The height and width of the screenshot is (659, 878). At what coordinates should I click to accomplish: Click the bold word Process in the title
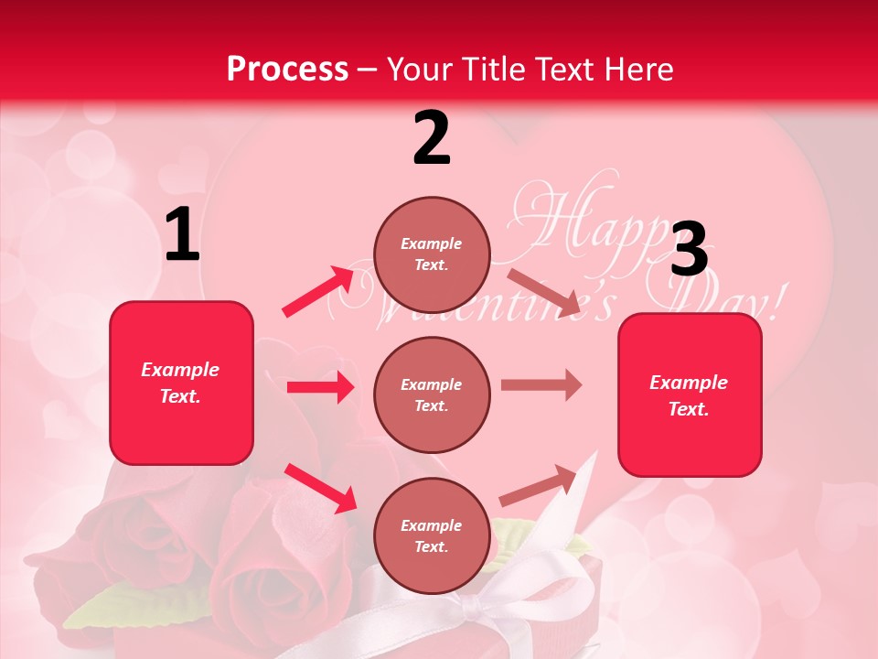[x=287, y=69]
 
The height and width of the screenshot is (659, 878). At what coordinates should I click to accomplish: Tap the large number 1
[x=182, y=235]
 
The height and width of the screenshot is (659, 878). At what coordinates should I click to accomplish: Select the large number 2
[x=432, y=138]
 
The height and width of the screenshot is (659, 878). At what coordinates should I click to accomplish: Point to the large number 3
[x=689, y=250]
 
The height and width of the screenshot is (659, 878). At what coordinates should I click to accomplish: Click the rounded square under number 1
[x=181, y=383]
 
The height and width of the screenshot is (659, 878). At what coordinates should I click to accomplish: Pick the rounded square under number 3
[x=690, y=395]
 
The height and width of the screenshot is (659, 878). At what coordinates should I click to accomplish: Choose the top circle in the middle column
[x=432, y=254]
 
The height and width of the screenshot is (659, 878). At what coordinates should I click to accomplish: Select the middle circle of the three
[x=432, y=394]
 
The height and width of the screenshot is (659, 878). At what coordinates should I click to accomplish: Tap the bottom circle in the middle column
[x=432, y=535]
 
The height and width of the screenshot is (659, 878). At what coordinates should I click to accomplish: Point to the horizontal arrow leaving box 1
[x=320, y=387]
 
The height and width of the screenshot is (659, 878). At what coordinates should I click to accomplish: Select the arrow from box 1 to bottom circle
[x=320, y=487]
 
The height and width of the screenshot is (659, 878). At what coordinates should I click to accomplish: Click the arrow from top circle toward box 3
[x=543, y=292]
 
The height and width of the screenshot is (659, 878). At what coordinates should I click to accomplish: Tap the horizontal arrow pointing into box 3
[x=541, y=385]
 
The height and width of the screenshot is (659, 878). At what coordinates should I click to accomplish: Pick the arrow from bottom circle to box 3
[x=540, y=485]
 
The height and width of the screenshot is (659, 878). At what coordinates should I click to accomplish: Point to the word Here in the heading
[x=637, y=69]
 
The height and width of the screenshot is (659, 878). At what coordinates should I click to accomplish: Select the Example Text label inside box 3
[x=689, y=395]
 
